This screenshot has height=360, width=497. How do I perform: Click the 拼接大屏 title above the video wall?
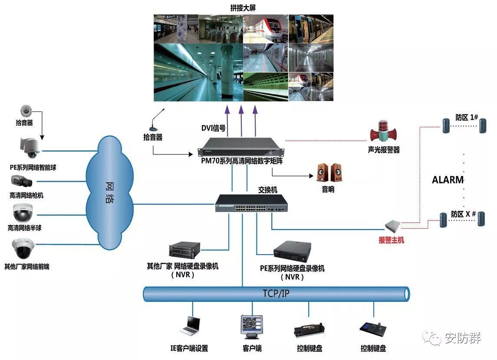point(243,8)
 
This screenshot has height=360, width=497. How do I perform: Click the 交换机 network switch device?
point(251,203)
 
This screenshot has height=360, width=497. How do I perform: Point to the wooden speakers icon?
point(329,173)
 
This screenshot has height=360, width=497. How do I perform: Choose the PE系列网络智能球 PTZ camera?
point(30,148)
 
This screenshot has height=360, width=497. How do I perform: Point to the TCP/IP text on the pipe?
point(276,294)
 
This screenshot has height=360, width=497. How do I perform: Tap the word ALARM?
point(448,180)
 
